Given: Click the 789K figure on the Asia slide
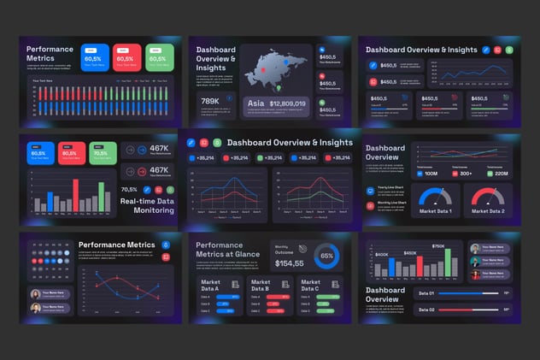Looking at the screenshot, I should point(210,101).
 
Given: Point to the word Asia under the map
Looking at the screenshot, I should point(255,103).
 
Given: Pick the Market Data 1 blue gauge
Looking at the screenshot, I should point(438,198).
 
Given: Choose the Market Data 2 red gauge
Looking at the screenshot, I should point(488,198).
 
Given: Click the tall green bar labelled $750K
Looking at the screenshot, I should point(438,263).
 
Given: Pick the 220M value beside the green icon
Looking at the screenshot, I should point(500,174).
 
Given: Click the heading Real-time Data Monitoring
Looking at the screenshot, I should point(148,205).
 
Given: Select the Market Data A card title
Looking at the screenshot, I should point(211,285).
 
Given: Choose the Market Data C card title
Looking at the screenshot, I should point(311,285).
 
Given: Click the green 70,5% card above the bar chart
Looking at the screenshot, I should point(103,152).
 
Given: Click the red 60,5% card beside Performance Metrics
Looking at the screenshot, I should point(128,56).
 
